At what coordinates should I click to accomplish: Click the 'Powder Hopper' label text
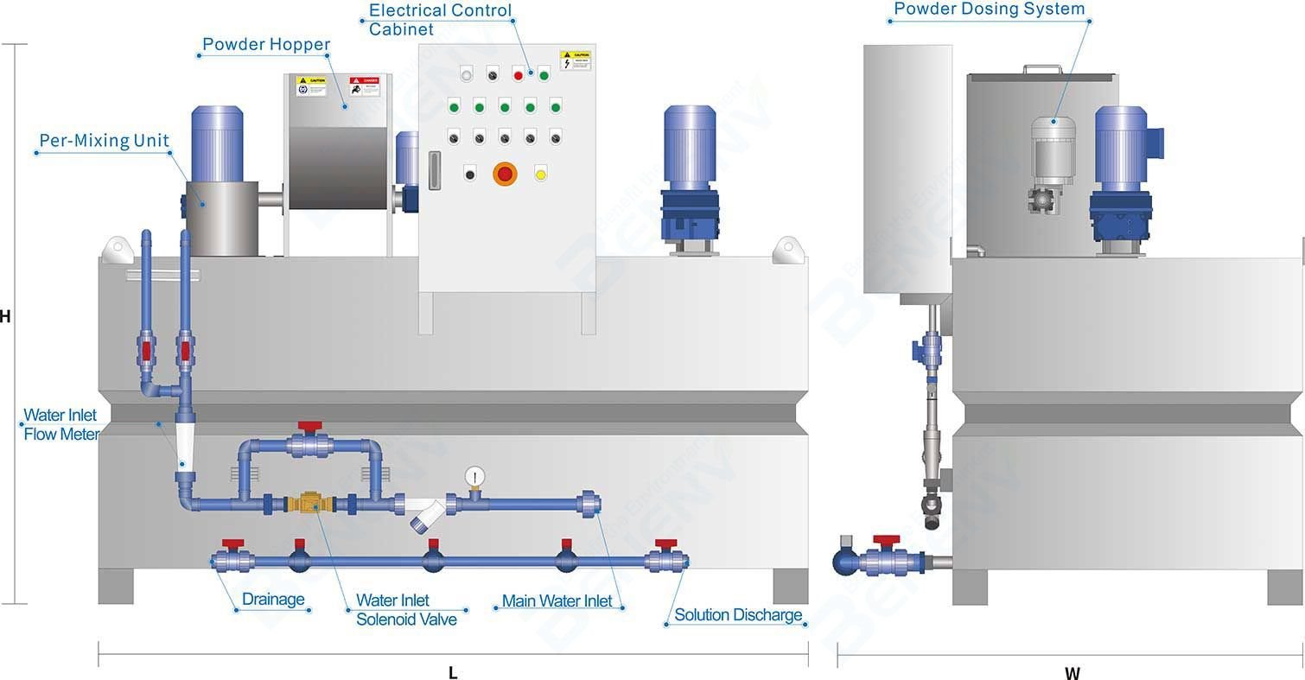(265, 44)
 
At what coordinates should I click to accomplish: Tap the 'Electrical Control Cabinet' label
(440, 20)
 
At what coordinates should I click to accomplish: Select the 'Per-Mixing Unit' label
(104, 141)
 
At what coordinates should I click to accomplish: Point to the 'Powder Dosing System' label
(989, 10)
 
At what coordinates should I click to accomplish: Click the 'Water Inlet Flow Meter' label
(60, 424)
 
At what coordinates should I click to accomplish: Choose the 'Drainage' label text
(273, 600)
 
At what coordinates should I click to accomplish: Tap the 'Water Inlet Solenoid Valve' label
(405, 609)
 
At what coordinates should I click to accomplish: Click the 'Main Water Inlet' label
(557, 601)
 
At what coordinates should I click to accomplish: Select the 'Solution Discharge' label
(738, 615)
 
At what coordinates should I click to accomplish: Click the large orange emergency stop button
(505, 175)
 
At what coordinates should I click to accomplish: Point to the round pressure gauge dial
(474, 476)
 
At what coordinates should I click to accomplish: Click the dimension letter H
(5, 317)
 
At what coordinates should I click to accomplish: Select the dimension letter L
(453, 673)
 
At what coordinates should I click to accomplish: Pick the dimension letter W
(1072, 673)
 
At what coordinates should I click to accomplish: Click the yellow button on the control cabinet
(541, 174)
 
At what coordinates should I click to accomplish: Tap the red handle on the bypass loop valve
(309, 427)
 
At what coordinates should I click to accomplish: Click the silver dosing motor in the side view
(1053, 151)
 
